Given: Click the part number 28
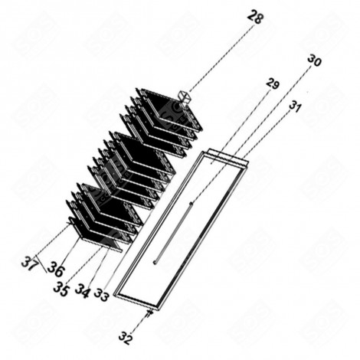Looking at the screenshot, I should [255, 17].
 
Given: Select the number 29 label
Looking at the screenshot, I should [273, 83].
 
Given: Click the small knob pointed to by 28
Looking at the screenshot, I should [184, 97].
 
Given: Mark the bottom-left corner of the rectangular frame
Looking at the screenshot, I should [116, 293].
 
